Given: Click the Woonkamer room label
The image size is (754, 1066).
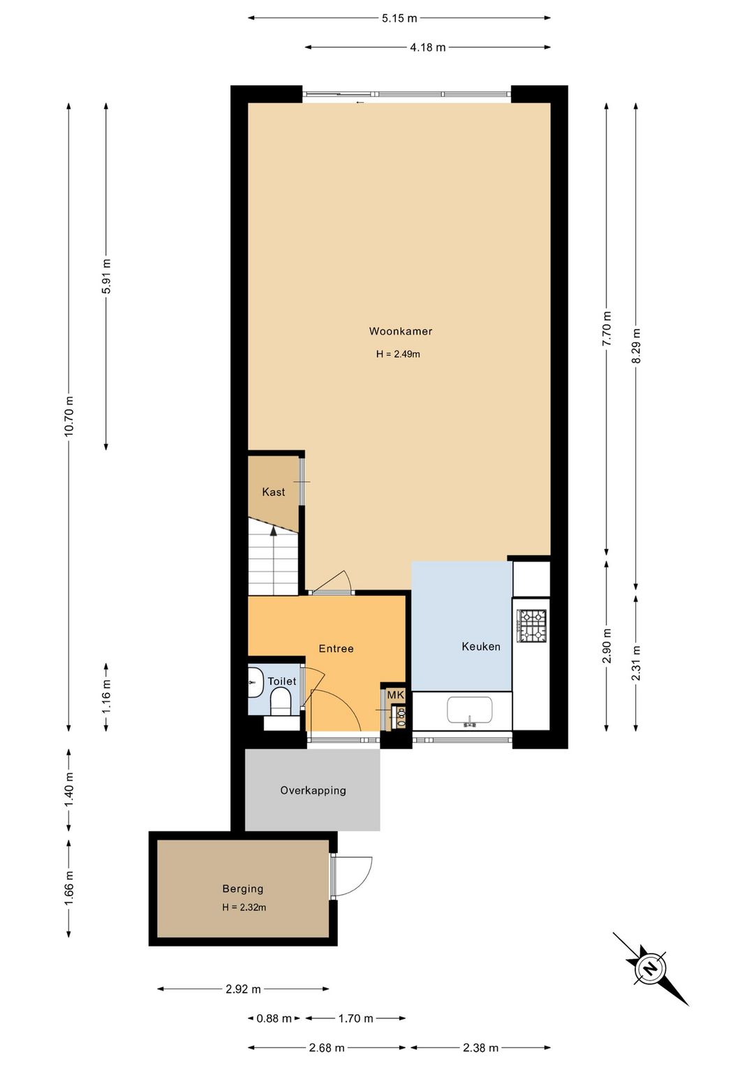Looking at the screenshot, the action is (401, 331).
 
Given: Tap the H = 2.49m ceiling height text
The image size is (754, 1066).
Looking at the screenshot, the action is (398, 354).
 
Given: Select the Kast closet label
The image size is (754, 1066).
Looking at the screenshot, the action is (274, 492).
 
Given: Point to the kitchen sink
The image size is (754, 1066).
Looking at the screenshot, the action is (470, 710).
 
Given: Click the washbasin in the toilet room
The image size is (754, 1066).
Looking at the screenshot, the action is (256, 682).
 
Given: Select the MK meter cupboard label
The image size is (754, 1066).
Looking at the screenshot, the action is (395, 695).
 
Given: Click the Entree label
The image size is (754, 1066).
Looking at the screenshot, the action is (336, 648).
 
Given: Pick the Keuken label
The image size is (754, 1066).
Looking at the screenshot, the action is (481, 646).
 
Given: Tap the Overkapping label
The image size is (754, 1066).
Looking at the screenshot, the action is (313, 791).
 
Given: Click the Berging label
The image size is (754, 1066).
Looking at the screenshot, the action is (243, 889).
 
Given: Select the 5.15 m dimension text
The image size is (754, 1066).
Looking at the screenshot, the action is (399, 18).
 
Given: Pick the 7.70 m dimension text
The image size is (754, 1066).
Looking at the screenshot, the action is (607, 329).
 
